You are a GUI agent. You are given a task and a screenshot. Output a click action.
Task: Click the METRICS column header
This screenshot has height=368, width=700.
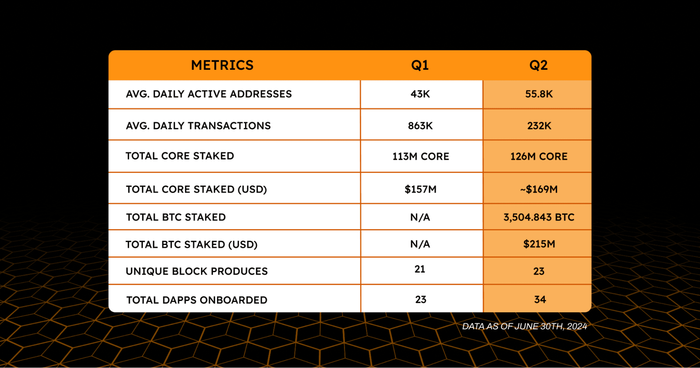coord(222,65)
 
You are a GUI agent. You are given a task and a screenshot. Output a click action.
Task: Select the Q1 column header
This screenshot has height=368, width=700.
coord(420,65)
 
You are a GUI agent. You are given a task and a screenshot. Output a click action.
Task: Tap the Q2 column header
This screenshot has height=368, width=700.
coord(538,65)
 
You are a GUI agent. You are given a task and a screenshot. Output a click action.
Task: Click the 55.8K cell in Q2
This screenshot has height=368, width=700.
coord(539,94)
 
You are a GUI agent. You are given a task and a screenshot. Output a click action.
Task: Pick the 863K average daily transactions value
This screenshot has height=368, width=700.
coord(420,125)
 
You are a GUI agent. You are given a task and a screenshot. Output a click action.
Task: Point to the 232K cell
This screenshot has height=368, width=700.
coord(539,125)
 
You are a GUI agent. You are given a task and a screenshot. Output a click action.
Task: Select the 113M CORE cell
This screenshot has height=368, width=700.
coord(421,156)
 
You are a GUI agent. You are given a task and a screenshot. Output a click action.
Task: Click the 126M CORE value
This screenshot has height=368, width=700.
coord(539,156)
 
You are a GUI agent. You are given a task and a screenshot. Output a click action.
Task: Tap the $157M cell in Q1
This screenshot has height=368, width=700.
coord(420,189)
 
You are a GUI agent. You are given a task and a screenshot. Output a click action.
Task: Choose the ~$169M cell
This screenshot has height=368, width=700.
coord(539,189)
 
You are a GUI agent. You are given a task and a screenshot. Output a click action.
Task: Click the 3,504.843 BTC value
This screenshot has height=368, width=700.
coord(539,217)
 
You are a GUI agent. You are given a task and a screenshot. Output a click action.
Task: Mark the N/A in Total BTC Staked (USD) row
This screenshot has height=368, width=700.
coord(420,244)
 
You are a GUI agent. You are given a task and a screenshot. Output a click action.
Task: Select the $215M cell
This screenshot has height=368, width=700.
coord(539,244)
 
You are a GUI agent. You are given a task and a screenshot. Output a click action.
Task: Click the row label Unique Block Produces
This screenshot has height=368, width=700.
coord(196,271)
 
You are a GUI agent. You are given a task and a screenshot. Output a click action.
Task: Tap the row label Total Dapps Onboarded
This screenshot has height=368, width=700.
coord(196,300)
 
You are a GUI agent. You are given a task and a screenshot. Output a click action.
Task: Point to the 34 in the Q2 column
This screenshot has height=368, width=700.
coord(540,299)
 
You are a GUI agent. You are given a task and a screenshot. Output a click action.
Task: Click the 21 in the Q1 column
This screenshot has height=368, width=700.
coord(420,269)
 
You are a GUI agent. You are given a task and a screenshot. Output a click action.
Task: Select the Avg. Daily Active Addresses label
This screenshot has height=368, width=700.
coord(209,94)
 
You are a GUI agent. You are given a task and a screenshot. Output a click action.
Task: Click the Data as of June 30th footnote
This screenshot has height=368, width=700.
coord(524,326)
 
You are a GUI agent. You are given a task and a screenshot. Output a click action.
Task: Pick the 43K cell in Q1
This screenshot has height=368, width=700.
coord(420,94)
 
